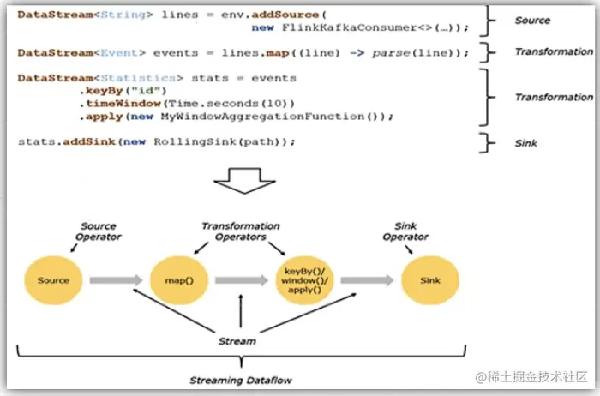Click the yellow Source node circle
point(53,280)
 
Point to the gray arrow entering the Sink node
point(363,280)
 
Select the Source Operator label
point(99,231)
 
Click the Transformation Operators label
point(241,231)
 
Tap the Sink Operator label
point(405,231)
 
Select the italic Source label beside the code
point(533,20)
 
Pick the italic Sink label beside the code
point(526,143)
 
